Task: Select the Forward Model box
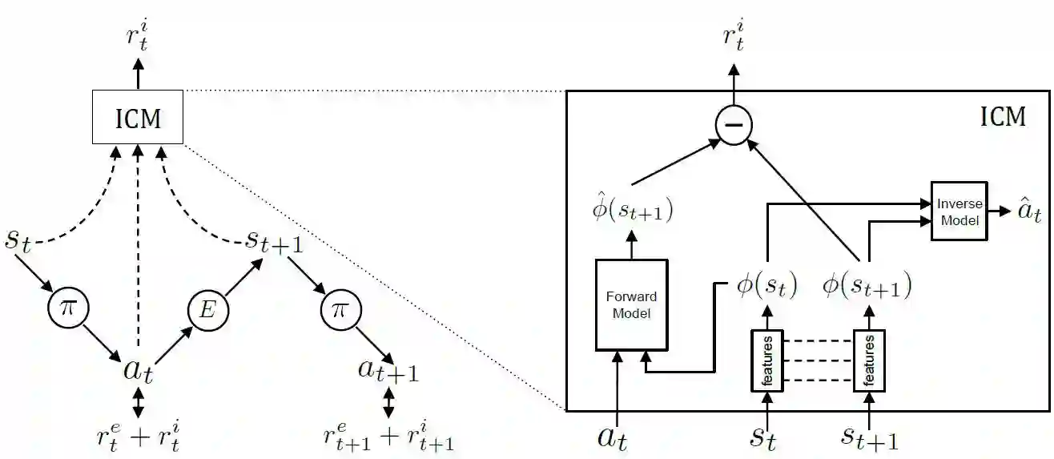(631, 304)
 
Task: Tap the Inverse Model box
(959, 211)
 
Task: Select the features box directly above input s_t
(767, 360)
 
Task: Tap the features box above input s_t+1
(870, 360)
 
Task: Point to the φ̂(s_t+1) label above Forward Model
(630, 211)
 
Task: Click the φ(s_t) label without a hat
(766, 285)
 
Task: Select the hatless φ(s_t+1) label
(867, 285)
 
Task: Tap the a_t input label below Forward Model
(618, 437)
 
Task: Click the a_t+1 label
(389, 371)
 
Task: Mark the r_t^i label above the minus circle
(733, 38)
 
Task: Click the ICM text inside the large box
(1003, 117)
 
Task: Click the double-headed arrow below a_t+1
(389, 403)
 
